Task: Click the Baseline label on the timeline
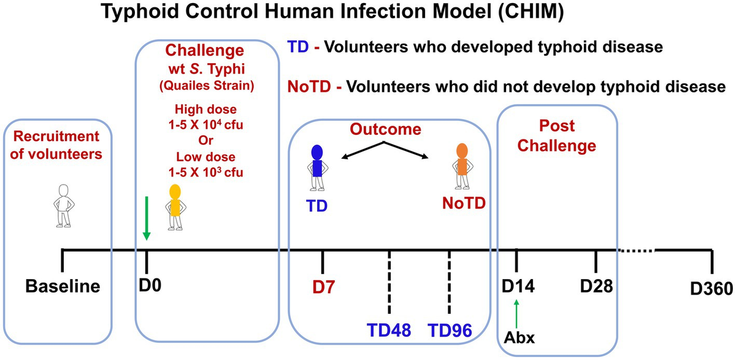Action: tap(63, 286)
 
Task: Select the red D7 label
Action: tap(323, 286)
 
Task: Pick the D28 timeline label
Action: tap(597, 286)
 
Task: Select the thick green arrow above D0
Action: tap(146, 218)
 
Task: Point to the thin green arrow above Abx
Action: tap(517, 313)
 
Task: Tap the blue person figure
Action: tap(316, 166)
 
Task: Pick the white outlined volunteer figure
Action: tap(63, 206)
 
